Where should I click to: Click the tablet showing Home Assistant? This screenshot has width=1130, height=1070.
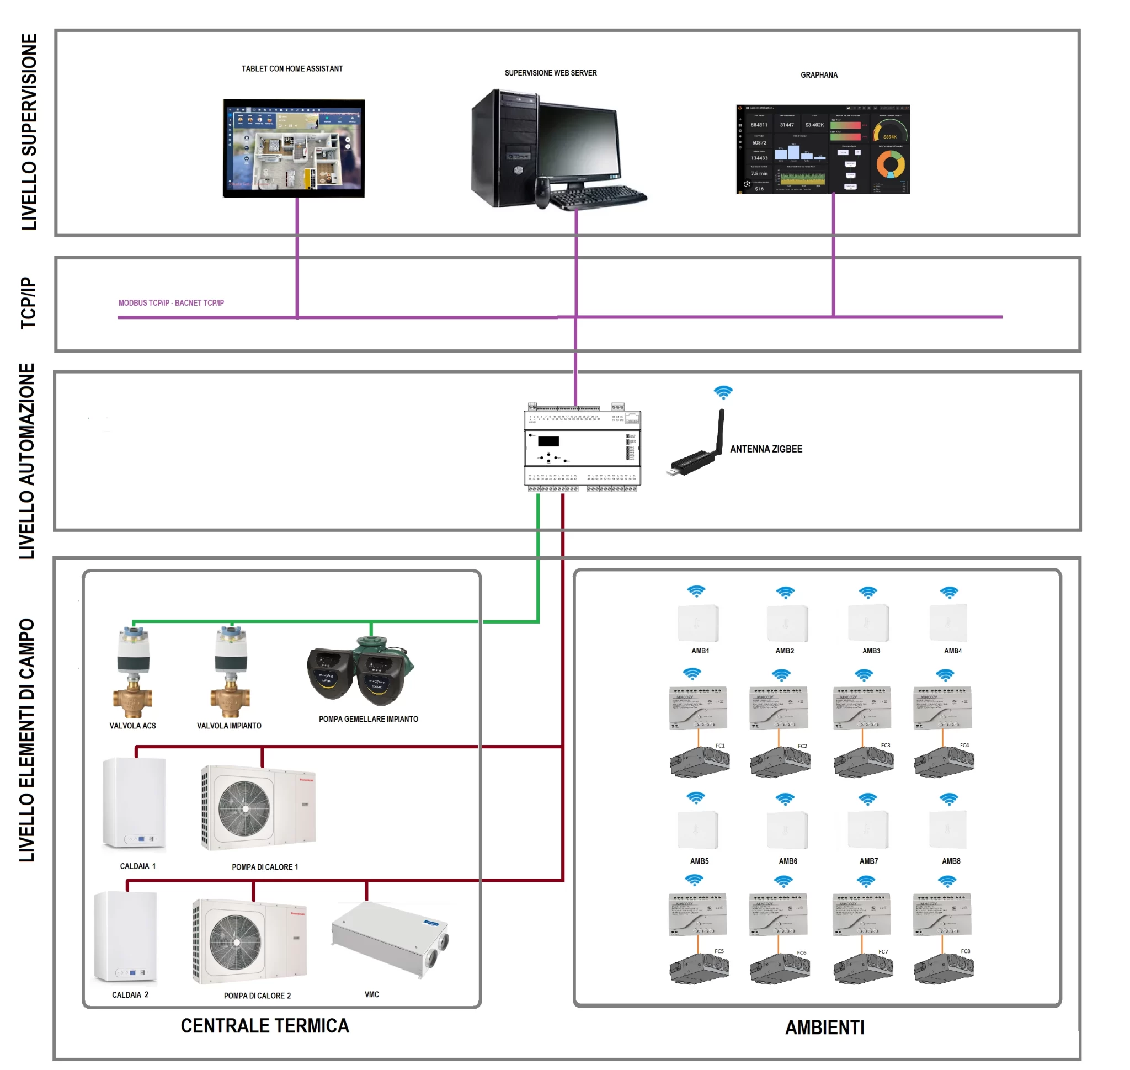coord(294,148)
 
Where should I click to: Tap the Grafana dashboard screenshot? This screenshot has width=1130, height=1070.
coord(823,149)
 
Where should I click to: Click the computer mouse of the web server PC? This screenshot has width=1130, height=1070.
coord(542,192)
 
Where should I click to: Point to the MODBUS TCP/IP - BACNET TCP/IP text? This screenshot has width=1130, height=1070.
coord(171,303)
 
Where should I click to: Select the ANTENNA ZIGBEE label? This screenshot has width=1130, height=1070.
coord(765,449)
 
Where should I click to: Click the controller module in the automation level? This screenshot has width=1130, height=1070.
coord(583,448)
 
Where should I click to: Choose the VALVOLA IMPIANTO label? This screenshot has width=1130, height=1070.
coord(230,726)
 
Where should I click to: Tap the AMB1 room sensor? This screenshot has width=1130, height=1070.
coord(698,624)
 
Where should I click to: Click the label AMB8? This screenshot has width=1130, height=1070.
coord(951,861)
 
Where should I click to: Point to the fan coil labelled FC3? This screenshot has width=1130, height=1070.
coord(864,762)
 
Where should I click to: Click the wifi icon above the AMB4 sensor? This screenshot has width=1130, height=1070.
coord(949,593)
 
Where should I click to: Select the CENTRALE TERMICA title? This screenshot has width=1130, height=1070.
coord(265,1026)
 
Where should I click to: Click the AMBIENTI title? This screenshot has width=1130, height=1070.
coord(825,1028)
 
